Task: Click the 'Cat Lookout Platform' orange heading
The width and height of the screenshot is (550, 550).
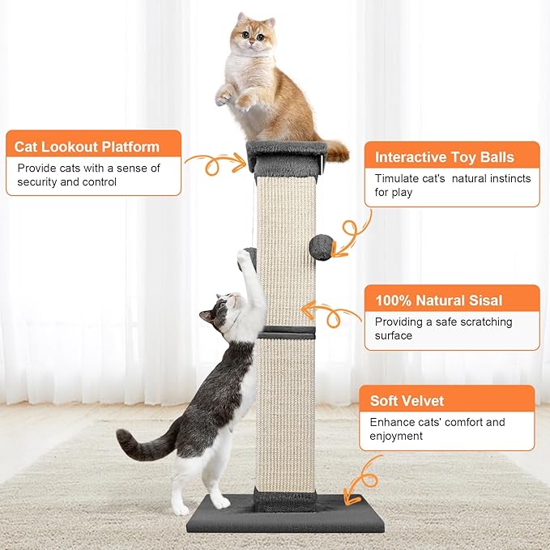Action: click(87, 147)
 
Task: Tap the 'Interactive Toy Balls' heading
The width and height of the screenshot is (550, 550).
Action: click(444, 157)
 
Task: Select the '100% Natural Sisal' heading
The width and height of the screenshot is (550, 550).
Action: click(438, 301)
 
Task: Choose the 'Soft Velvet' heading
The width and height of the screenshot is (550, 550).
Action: click(407, 400)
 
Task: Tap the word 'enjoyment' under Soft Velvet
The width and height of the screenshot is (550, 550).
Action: click(397, 436)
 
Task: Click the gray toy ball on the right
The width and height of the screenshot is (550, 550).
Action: click(322, 247)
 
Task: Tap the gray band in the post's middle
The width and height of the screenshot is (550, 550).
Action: click(287, 332)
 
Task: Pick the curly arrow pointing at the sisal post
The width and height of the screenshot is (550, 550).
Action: click(332, 313)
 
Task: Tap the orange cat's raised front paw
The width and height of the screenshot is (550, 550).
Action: click(224, 96)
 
